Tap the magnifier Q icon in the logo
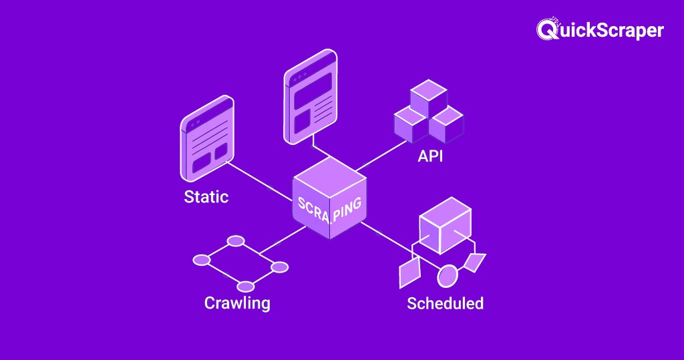(546, 29)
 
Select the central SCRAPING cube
(329, 200)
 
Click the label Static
(206, 197)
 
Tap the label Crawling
(237, 303)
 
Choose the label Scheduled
(445, 303)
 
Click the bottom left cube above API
(410, 123)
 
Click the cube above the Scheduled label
(445, 224)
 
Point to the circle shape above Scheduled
(448, 274)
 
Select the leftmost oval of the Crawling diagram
(202, 259)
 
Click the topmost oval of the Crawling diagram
(236, 240)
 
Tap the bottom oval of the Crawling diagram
(246, 287)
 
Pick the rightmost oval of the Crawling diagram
(280, 267)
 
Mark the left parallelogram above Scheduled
(409, 272)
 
